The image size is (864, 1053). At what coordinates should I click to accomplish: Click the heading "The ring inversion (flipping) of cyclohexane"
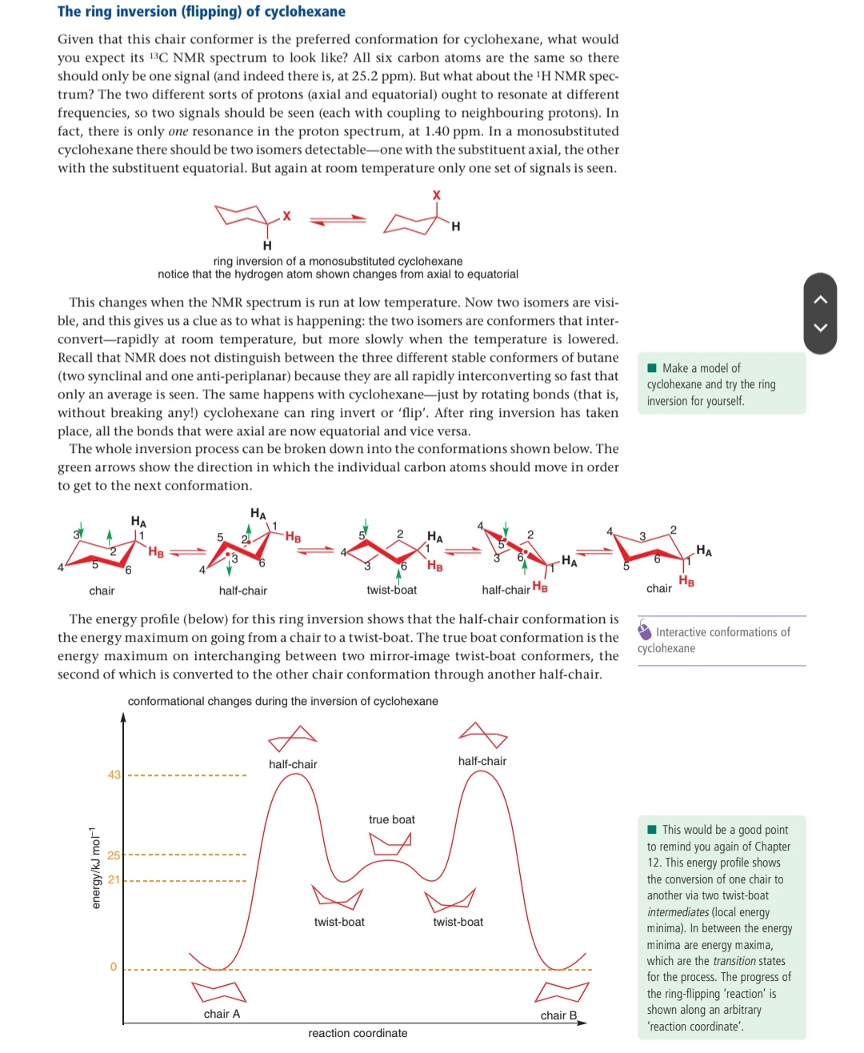pos(201,11)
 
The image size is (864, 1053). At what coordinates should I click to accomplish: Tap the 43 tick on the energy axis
pos(114,775)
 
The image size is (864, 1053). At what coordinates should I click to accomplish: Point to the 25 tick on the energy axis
pos(114,855)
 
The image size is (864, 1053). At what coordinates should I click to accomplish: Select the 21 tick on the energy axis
pos(114,879)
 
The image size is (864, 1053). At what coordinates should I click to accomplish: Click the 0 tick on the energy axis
pos(114,967)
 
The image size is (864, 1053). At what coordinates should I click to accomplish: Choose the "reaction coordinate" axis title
pos(358,1033)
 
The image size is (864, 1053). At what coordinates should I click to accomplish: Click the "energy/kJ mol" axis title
pos(95,867)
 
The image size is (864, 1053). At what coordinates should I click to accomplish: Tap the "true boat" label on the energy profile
pos(391,819)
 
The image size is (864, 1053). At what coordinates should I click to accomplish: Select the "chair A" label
pos(222,1014)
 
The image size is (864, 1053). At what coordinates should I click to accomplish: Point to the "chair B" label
pos(558,1015)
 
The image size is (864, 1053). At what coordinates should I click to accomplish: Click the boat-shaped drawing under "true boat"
pos(390,843)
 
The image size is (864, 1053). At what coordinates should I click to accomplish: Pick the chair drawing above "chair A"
pos(218,991)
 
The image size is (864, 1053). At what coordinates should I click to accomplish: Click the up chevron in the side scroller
pos(820,299)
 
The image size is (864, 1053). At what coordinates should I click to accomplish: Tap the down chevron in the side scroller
pos(820,326)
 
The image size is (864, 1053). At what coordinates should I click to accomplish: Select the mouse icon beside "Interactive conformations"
pos(645,631)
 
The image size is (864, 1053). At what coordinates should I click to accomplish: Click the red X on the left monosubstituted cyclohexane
pos(286,216)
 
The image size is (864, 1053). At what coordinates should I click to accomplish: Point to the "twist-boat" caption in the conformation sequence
pos(391,590)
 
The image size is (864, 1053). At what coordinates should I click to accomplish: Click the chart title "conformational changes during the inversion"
pos(282,701)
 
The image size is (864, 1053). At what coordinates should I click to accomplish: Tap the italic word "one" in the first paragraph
pos(178,131)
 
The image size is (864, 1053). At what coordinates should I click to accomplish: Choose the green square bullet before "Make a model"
pos(652,368)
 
